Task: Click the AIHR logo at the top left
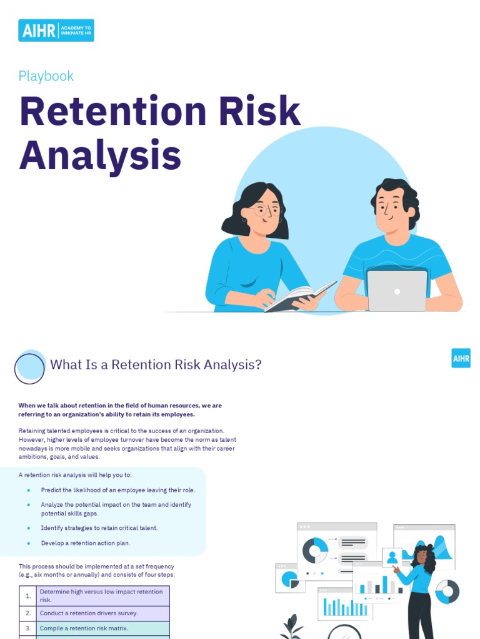pyautogui.click(x=56, y=30)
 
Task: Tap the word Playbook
pyautogui.click(x=46, y=76)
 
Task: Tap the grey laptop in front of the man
pyautogui.click(x=397, y=290)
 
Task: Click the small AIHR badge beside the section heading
pyautogui.click(x=461, y=358)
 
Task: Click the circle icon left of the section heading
pyautogui.click(x=30, y=368)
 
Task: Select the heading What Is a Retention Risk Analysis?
pyautogui.click(x=156, y=364)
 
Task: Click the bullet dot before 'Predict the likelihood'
pyautogui.click(x=29, y=490)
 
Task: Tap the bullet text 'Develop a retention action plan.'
pyautogui.click(x=86, y=543)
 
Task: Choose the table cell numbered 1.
pyautogui.click(x=28, y=596)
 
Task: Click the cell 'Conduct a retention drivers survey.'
pyautogui.click(x=89, y=613)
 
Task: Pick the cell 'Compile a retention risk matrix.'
pyautogui.click(x=84, y=628)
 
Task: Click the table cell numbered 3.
pyautogui.click(x=28, y=628)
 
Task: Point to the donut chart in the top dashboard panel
pyautogui.click(x=315, y=550)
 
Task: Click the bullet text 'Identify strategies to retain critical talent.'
pyautogui.click(x=99, y=528)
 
